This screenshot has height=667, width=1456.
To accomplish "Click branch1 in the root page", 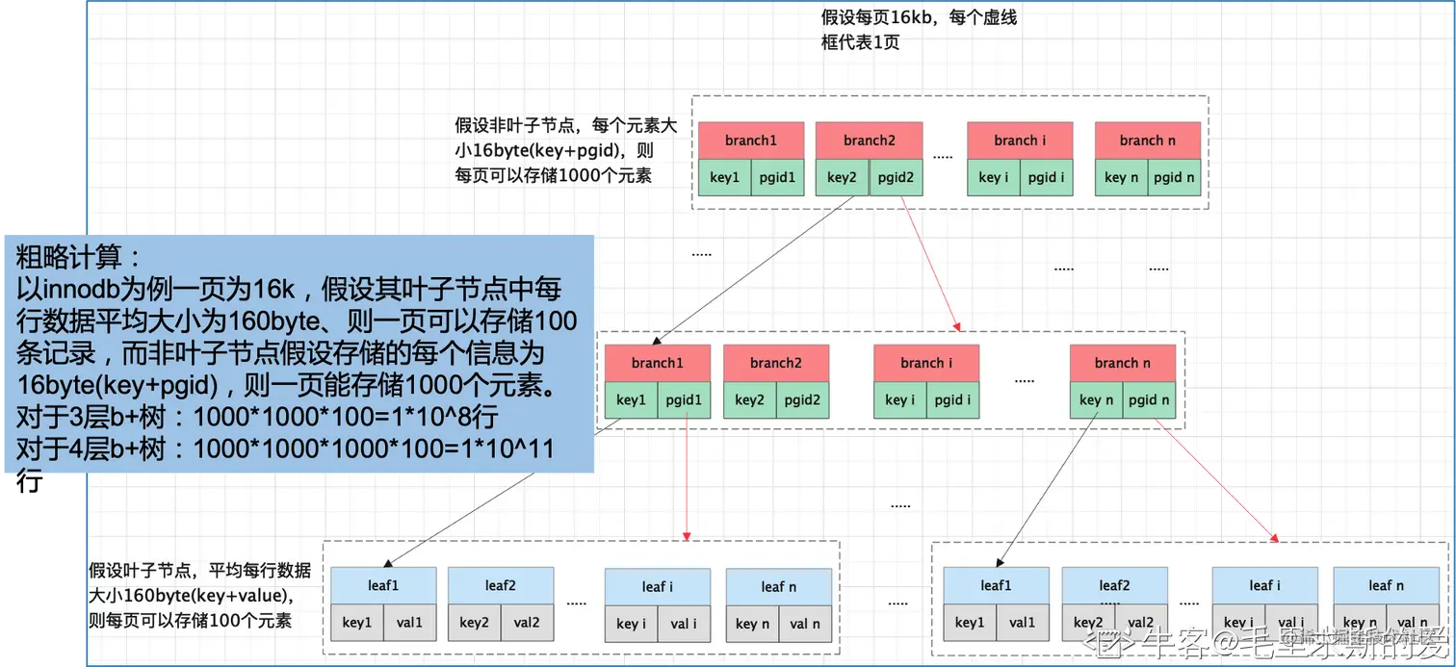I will click(x=751, y=141).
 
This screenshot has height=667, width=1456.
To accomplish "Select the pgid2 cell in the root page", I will click(x=896, y=177).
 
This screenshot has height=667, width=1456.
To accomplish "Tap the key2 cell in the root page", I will click(x=842, y=177).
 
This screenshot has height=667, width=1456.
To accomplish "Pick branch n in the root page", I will click(x=1147, y=141).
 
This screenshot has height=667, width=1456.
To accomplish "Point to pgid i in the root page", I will click(x=1046, y=177).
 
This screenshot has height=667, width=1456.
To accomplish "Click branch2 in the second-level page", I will click(x=775, y=363).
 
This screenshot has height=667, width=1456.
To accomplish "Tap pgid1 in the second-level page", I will click(x=685, y=399).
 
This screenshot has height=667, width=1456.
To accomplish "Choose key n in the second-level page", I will click(x=1096, y=399).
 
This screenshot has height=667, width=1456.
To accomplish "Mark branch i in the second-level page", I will click(x=926, y=363).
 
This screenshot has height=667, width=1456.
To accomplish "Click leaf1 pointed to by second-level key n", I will click(x=996, y=585).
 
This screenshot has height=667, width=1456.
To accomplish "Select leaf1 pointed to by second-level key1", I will click(x=382, y=585).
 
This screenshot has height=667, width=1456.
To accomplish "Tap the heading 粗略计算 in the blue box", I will click(x=79, y=257).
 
